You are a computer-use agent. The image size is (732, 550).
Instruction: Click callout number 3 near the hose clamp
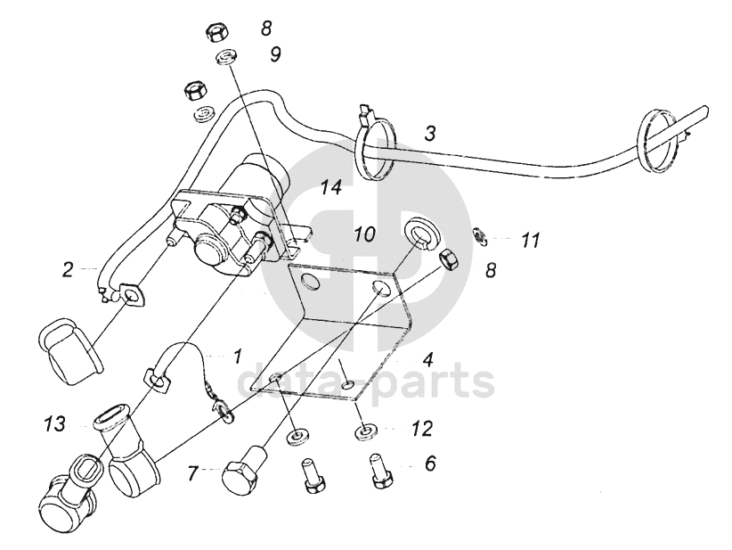(x=429, y=135)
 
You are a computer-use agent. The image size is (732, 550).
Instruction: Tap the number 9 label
(x=275, y=54)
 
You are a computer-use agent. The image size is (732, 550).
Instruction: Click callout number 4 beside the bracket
(x=428, y=361)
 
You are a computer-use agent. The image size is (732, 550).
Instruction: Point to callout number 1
(x=237, y=356)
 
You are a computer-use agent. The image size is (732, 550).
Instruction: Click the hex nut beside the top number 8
(x=216, y=34)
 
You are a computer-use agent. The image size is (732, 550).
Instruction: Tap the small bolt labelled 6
(x=378, y=470)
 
